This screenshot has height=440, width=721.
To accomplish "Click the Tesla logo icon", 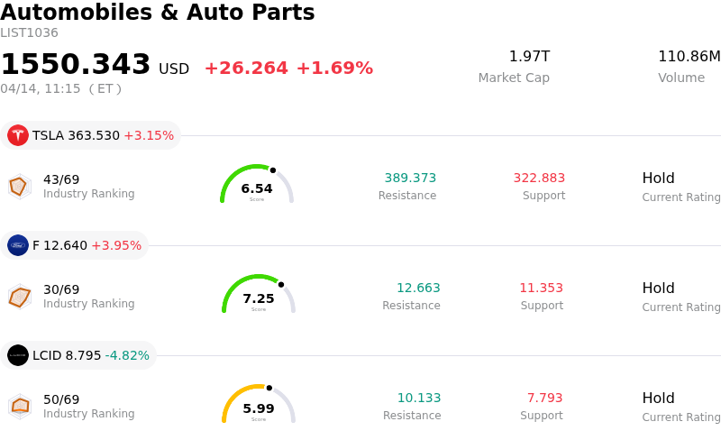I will (x=18, y=135).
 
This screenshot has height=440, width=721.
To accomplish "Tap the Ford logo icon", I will (x=18, y=245).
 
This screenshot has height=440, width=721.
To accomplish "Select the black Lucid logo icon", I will (x=18, y=355).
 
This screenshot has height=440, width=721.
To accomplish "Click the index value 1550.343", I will (x=76, y=65).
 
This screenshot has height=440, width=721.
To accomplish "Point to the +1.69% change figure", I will (x=334, y=69).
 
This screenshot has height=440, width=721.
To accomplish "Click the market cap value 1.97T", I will (x=529, y=57).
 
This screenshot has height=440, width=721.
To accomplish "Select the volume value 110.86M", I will (x=689, y=57).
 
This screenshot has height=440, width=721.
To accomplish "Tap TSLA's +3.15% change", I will (x=149, y=136).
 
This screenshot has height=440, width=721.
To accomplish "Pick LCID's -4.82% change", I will (x=127, y=356).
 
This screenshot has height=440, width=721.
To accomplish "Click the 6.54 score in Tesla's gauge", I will (x=257, y=189).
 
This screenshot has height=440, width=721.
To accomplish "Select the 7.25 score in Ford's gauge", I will (x=259, y=299).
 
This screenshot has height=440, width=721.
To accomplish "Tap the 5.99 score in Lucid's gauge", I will (x=259, y=409).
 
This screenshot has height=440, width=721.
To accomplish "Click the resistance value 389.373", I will (x=410, y=179).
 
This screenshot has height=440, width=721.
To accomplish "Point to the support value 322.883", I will (x=539, y=179).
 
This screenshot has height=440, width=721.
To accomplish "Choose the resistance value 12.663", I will (x=418, y=289).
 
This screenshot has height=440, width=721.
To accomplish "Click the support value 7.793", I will (x=544, y=399).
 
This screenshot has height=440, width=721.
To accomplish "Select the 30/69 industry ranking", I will (x=61, y=289).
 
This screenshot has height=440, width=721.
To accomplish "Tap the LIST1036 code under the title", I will (x=29, y=33).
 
